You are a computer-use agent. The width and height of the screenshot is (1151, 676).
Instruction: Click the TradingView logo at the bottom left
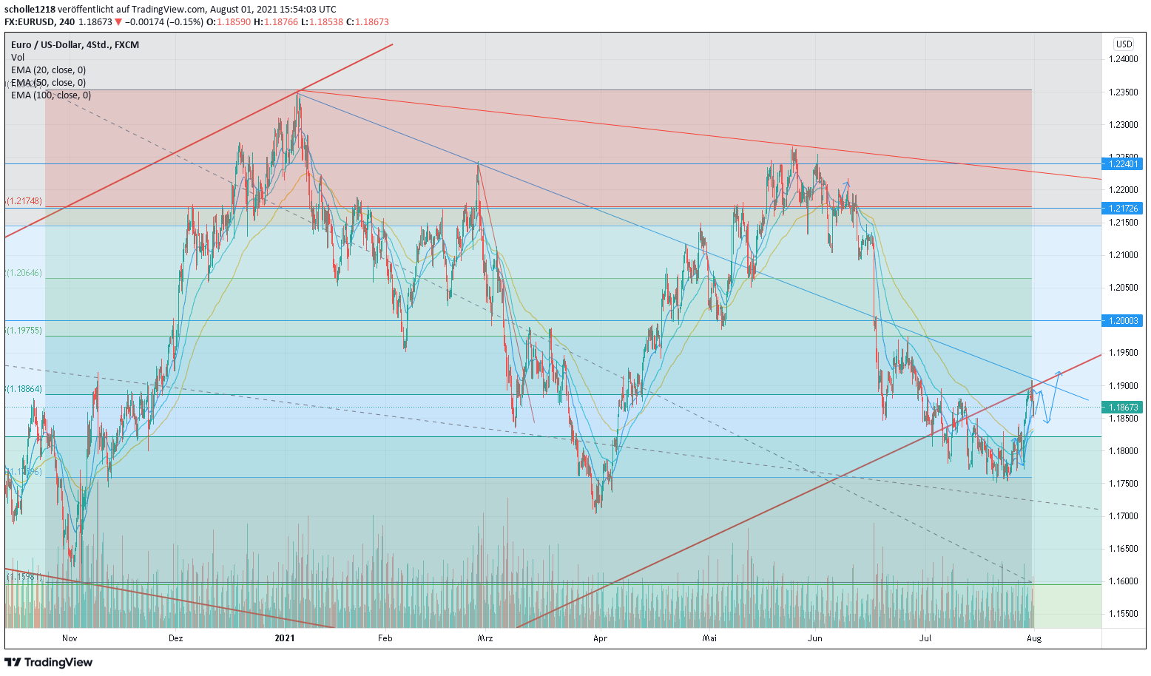pos(49,662)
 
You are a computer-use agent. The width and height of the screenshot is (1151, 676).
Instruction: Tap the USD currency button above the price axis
pos(1124,44)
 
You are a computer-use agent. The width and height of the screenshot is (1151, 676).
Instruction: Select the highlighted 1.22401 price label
pos(1123,164)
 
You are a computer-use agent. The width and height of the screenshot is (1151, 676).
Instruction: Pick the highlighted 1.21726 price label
pos(1123,209)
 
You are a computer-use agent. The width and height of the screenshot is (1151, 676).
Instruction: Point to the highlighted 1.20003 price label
pos(1123,320)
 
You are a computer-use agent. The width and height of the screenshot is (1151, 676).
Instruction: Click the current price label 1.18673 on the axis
pos(1123,407)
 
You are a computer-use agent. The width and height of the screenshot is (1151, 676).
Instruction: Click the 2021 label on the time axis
pos(284,638)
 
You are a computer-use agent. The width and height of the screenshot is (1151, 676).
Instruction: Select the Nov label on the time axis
pos(70,638)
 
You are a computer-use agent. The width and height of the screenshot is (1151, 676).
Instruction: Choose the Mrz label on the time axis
pos(485,638)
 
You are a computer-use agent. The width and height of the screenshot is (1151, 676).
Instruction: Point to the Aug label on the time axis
pos(1034,638)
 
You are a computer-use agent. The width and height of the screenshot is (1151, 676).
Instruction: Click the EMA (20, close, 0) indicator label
pos(48,70)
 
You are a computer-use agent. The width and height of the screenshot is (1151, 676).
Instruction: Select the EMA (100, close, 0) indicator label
pos(51,95)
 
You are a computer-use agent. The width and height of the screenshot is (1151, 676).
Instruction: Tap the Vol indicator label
pos(18,58)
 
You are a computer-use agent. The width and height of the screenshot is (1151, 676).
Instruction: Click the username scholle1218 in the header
pos(30,10)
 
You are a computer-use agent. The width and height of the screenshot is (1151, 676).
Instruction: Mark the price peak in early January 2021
pos(298,93)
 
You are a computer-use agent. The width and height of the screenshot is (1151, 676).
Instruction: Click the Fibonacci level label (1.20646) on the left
pos(25,273)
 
